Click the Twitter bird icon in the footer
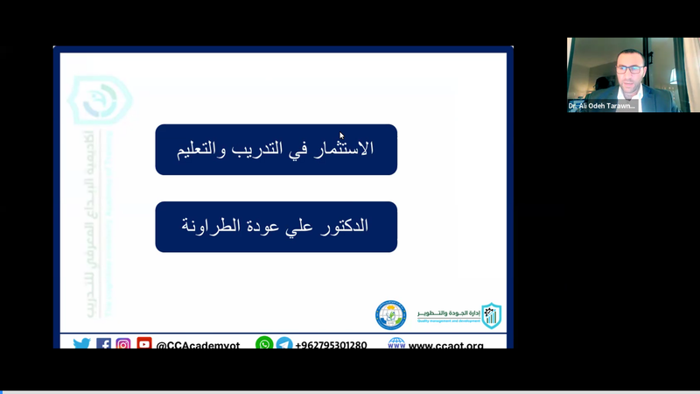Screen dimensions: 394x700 click(81, 344)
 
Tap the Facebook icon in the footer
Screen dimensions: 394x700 click(103, 344)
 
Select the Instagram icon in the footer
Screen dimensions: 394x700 click(123, 344)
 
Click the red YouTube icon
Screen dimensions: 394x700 click(144, 344)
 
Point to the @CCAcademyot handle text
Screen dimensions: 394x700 click(198, 345)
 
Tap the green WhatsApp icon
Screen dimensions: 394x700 click(264, 344)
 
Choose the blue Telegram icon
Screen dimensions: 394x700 click(284, 344)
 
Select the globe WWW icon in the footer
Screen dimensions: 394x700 click(396, 344)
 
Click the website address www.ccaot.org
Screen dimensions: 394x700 click(446, 345)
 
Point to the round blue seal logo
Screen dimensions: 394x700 click(391, 315)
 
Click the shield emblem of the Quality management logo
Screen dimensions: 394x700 click(492, 315)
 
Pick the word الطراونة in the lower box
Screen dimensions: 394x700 click(209, 226)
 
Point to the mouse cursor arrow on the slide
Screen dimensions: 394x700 click(341, 135)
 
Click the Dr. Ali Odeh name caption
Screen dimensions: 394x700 click(602, 106)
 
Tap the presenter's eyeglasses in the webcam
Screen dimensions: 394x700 click(629, 68)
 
